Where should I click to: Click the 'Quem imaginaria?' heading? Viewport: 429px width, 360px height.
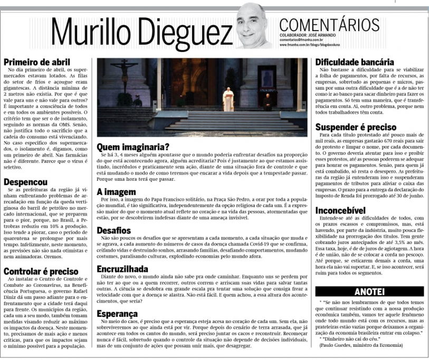point(133,147)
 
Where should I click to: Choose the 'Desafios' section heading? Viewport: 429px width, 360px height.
point(114,230)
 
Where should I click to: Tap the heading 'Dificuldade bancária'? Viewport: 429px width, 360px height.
point(355,62)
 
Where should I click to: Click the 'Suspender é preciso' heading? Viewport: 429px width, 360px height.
point(356,127)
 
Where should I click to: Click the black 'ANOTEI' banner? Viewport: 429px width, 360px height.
point(369,291)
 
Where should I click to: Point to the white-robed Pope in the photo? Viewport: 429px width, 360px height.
point(228,98)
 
